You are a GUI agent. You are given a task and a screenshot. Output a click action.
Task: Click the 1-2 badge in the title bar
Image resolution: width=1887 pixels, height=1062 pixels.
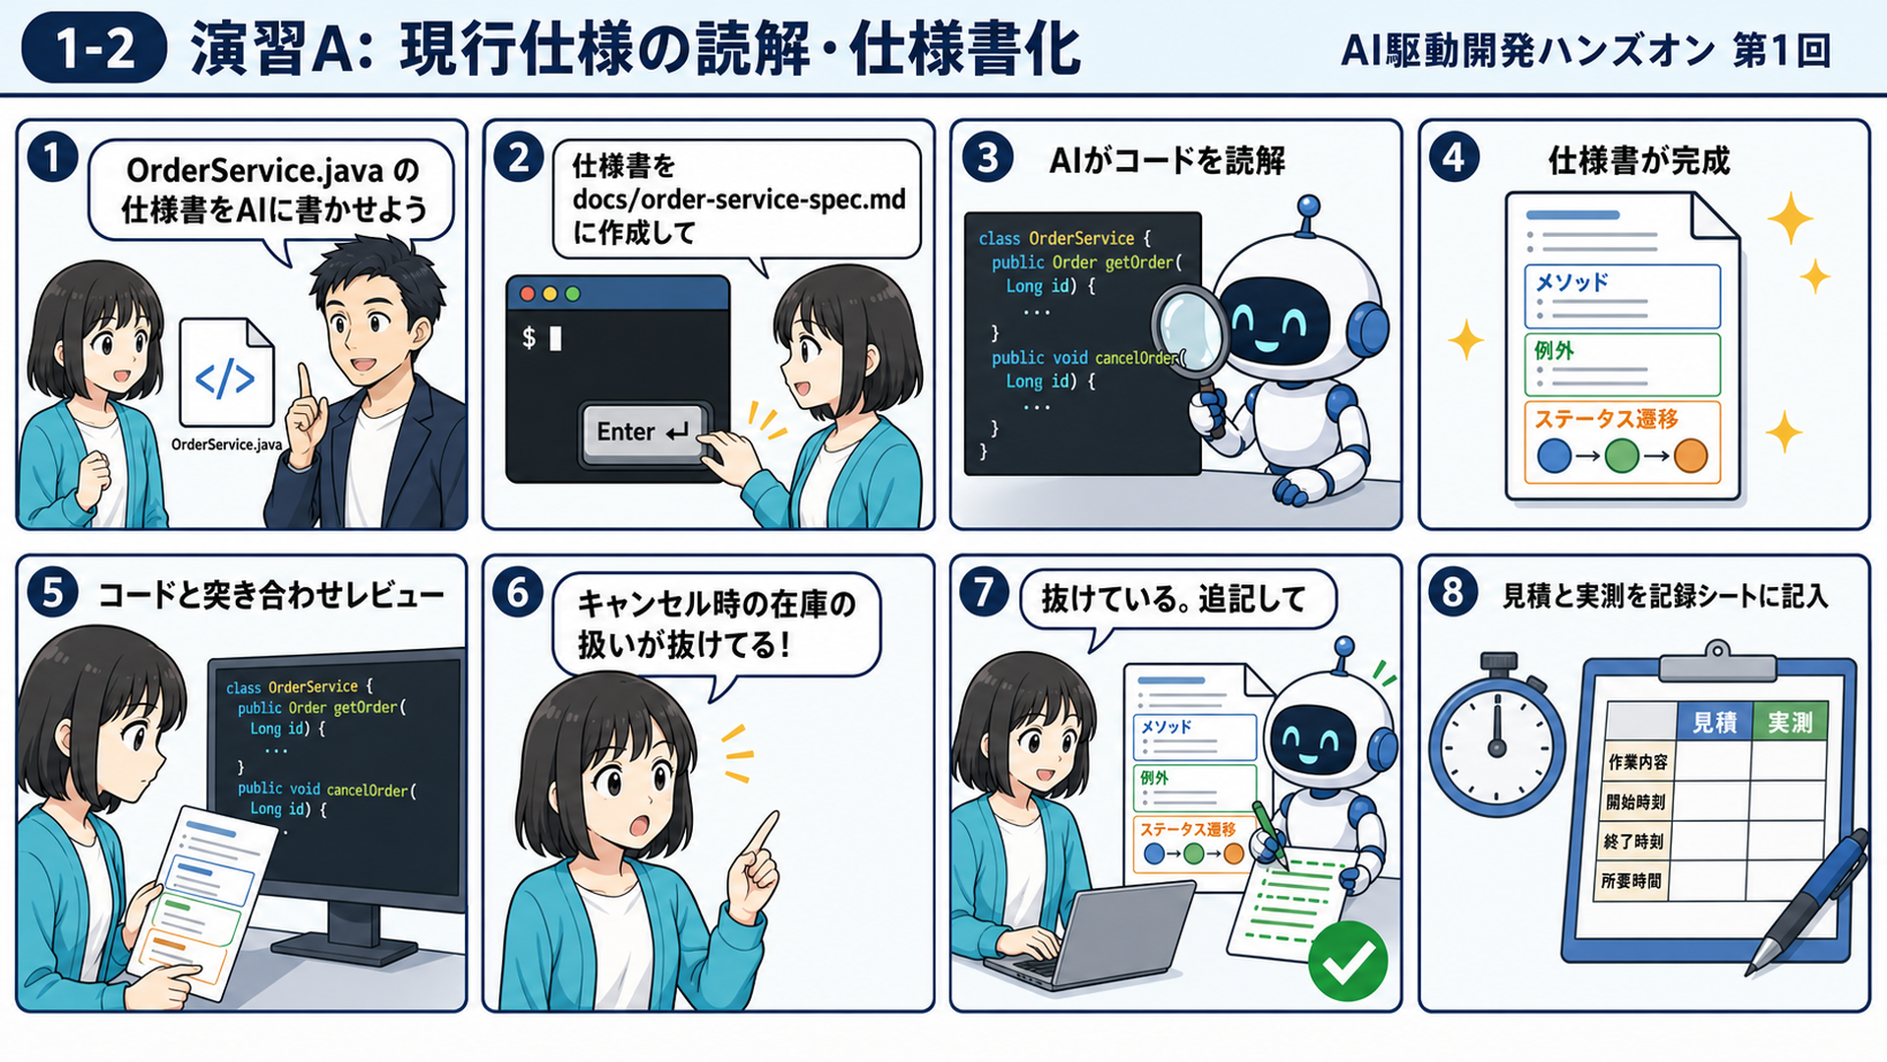(93, 47)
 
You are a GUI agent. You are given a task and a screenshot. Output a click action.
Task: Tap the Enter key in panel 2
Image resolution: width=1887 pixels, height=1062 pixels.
(643, 432)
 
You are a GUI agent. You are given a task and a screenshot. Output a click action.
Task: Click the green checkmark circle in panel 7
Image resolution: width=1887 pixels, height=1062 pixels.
(1347, 961)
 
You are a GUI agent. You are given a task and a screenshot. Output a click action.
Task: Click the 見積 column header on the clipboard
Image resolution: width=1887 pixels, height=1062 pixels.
(1714, 723)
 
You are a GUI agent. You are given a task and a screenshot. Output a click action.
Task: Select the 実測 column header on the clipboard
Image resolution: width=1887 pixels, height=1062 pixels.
(1790, 723)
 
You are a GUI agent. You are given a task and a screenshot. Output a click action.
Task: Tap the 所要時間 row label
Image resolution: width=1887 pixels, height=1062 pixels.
(1631, 881)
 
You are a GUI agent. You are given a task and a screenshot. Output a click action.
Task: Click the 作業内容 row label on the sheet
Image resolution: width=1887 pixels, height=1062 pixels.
(1637, 762)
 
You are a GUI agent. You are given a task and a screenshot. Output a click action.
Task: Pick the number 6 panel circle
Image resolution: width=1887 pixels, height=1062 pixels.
(518, 593)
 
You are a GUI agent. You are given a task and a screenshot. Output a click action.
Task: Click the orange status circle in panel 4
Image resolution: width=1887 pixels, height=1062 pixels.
(1690, 456)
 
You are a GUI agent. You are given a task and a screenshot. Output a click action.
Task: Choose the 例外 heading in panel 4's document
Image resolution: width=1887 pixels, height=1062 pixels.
(1554, 350)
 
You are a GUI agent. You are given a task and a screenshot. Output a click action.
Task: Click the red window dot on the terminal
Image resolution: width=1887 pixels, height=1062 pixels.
(528, 294)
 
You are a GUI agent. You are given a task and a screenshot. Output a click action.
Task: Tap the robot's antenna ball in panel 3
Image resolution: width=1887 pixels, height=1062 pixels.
(1307, 206)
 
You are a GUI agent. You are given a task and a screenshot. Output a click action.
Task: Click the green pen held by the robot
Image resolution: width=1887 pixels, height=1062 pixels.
(1269, 834)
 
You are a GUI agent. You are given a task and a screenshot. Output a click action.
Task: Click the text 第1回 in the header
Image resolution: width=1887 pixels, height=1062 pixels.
(1782, 50)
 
